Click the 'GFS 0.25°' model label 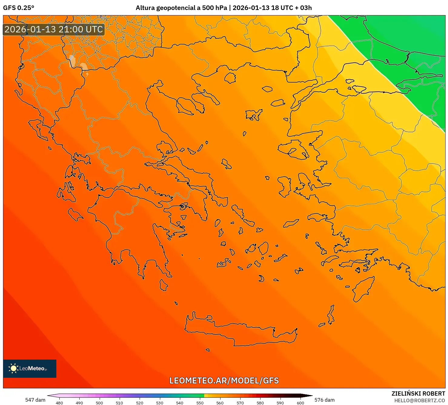[18, 8]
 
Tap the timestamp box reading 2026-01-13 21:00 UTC [54, 29]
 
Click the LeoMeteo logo [30, 368]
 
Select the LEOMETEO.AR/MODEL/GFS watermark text [224, 380]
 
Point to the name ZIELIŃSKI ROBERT [418, 393]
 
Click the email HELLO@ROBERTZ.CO [420, 400]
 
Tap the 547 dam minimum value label [35, 400]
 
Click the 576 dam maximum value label [324, 400]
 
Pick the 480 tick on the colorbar [59, 403]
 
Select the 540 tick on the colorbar [180, 403]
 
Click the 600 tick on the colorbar [300, 403]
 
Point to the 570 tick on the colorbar [240, 403]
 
